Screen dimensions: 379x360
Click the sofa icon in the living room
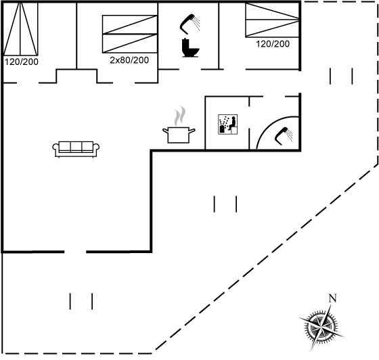(x=76, y=149)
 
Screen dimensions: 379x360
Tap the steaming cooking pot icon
(x=179, y=131)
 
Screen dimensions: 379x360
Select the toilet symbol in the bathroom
(x=190, y=47)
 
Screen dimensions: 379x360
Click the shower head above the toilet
(x=190, y=24)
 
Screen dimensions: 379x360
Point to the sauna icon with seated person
(x=227, y=125)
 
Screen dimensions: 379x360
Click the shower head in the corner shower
(x=284, y=135)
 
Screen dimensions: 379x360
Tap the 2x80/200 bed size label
(x=129, y=60)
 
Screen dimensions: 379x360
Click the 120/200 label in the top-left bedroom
(x=22, y=62)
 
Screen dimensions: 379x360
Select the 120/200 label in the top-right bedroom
(x=273, y=44)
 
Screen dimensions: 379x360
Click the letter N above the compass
(x=332, y=298)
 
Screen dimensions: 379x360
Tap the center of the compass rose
(x=321, y=327)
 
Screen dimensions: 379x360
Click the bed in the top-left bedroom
(x=20, y=28)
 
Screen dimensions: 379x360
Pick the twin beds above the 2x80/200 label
(x=130, y=34)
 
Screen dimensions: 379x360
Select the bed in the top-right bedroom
(x=272, y=20)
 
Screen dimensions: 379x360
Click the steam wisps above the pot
(x=180, y=116)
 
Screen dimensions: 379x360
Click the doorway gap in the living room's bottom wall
(x=75, y=252)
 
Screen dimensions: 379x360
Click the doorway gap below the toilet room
(x=190, y=69)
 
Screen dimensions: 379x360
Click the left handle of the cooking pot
(x=165, y=131)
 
